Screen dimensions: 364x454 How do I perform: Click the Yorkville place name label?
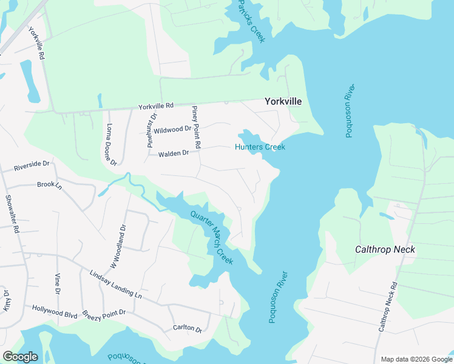click(x=283, y=102)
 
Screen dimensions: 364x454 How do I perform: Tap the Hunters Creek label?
click(x=260, y=147)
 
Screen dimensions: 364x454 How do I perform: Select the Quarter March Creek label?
click(x=211, y=237)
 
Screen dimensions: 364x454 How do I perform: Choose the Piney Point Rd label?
click(x=196, y=127)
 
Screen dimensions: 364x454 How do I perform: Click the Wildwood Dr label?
click(x=172, y=130)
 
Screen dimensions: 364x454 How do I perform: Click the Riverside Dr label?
click(x=31, y=164)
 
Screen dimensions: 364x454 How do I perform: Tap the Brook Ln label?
click(x=50, y=184)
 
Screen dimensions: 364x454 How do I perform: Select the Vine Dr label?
click(x=58, y=283)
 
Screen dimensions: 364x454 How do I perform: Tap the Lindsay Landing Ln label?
click(x=115, y=284)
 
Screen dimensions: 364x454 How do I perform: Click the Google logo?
click(x=20, y=357)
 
